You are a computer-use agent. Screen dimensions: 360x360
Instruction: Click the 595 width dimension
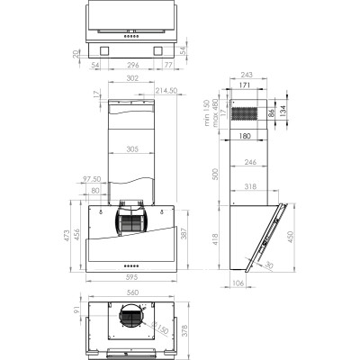click(x=131, y=278)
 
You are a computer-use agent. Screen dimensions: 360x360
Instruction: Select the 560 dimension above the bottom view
click(x=131, y=293)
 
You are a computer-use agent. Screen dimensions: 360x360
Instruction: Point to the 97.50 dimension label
click(x=92, y=180)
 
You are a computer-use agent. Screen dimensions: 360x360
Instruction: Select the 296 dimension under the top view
click(x=132, y=66)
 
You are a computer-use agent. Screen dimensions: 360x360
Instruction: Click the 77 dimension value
click(x=169, y=66)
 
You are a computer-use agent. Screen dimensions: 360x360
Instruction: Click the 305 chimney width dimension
click(x=132, y=148)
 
